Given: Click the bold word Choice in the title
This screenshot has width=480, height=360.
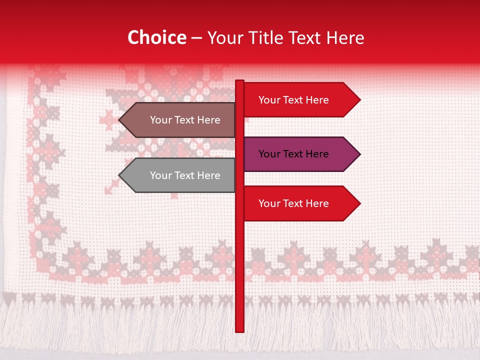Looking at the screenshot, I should click(157, 38).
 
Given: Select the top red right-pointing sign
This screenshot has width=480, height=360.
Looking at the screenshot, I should click(295, 100).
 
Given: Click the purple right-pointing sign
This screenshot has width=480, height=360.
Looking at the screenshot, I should click(295, 154).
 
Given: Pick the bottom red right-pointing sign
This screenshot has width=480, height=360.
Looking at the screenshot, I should click(295, 203).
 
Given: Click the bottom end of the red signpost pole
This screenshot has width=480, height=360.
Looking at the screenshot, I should click(239, 330).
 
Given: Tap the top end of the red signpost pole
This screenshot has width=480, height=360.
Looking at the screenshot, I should click(239, 82).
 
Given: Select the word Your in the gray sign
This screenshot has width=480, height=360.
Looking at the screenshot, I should click(160, 175).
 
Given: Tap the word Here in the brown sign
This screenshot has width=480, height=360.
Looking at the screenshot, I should click(208, 120).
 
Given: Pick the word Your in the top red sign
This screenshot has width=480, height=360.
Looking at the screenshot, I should click(269, 100).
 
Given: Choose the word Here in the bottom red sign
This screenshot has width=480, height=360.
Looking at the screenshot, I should click(316, 203).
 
